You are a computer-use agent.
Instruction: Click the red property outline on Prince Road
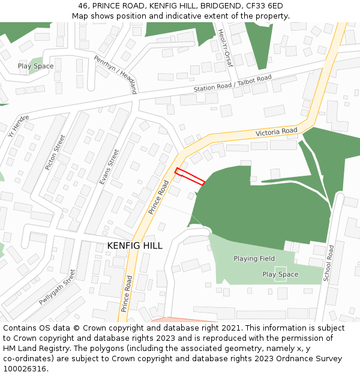pos(190,177)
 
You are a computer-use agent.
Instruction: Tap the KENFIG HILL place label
pos(134,246)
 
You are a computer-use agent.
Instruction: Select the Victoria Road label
pos(276,131)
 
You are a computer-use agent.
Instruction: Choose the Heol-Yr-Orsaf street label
pos(224,47)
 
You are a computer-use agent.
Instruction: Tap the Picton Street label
pos(55,152)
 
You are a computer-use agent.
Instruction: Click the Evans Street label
pos(109,166)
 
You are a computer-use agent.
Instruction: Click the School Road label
pos(328,263)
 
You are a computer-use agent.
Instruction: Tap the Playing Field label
pos(254,259)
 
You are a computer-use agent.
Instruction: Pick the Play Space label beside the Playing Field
pos(280,274)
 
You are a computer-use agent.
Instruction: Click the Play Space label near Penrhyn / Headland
pos(35,66)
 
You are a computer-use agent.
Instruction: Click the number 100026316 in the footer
pos(24,369)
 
